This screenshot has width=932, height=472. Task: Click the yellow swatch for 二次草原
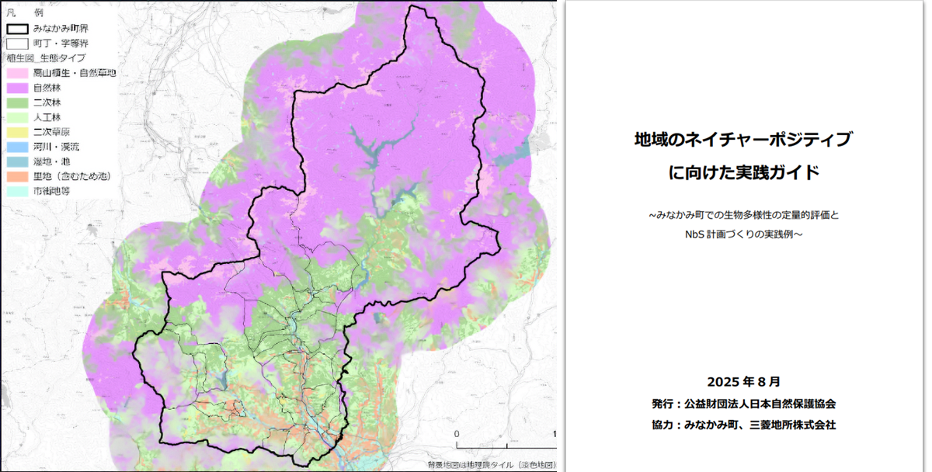coord(18,131)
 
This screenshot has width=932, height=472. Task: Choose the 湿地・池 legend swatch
coord(18,161)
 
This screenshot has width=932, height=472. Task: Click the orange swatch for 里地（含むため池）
coord(18,175)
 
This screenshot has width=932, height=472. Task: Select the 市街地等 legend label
coord(50,190)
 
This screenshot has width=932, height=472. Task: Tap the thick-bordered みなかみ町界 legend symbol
coord(18,28)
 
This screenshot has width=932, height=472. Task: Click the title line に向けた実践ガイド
coord(743,172)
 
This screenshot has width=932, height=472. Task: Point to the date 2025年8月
coord(743,382)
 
